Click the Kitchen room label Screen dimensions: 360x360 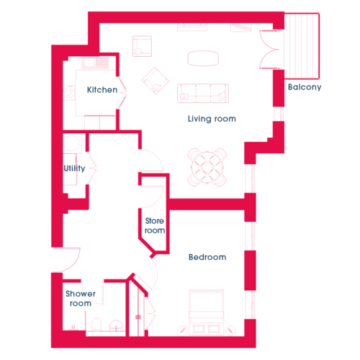click(x=102, y=90)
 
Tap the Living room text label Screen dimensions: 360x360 click(x=212, y=119)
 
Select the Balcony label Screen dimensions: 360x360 click(x=305, y=87)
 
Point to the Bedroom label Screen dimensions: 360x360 click(x=207, y=257)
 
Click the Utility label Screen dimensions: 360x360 click(x=74, y=168)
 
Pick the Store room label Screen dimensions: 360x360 click(x=155, y=225)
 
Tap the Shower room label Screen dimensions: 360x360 click(x=81, y=298)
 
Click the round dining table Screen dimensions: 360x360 click(x=207, y=167)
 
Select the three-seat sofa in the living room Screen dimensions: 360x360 click(x=203, y=93)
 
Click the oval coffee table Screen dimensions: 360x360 click(x=203, y=58)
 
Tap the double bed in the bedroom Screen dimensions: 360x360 click(x=207, y=312)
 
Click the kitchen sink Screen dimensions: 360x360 click(x=89, y=63)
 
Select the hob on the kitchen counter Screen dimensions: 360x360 click(x=68, y=93)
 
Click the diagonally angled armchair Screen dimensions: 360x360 click(x=156, y=81)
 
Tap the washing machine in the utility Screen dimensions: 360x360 click(x=71, y=143)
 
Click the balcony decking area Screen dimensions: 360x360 click(x=302, y=46)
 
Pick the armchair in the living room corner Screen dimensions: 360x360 click(x=142, y=46)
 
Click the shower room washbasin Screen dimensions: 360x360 click(x=117, y=326)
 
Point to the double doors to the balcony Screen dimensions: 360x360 click(x=269, y=50)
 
